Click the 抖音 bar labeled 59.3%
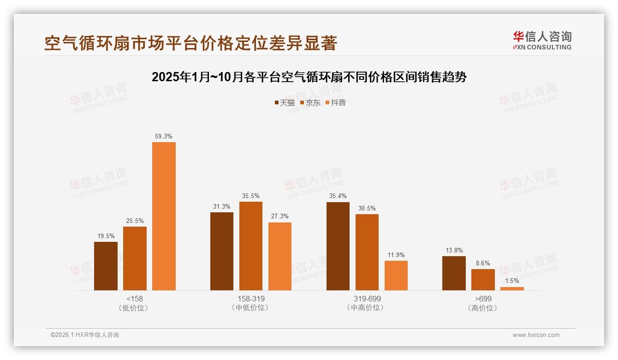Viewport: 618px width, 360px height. [164, 216]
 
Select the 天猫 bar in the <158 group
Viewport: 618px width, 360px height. [106, 266]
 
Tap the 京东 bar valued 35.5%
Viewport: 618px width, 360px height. [250, 246]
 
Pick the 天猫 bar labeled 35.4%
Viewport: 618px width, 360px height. [338, 246]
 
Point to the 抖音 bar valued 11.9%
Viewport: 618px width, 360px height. [396, 276]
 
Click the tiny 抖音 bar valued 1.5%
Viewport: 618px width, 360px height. [512, 288]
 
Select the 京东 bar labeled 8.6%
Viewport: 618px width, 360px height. [483, 280]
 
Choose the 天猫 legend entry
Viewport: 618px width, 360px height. [285, 103]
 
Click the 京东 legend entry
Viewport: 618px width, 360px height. [310, 103]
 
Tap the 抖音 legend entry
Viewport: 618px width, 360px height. [336, 103]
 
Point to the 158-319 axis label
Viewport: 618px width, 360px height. [251, 299]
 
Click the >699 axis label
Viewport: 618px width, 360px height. [483, 299]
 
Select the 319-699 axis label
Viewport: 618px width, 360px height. [367, 299]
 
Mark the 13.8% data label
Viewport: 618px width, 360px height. [454, 251]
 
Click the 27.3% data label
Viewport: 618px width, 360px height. [280, 216]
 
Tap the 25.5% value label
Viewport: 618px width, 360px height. [135, 221]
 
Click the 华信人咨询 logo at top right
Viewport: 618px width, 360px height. [542, 40]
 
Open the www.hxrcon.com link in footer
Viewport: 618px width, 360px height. [536, 335]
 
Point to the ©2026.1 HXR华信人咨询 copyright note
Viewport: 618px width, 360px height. [85, 335]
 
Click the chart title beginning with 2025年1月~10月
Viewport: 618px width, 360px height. [309, 77]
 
